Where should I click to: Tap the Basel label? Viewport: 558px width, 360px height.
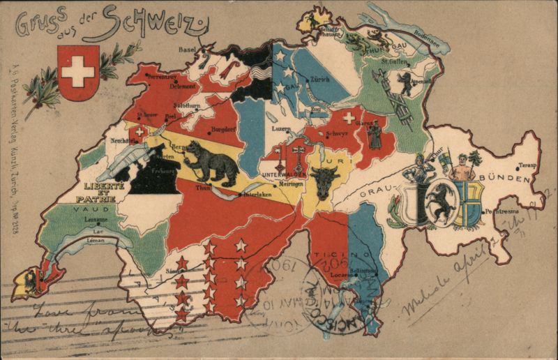coord(187,50)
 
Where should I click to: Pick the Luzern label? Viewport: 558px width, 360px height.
coord(281,130)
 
